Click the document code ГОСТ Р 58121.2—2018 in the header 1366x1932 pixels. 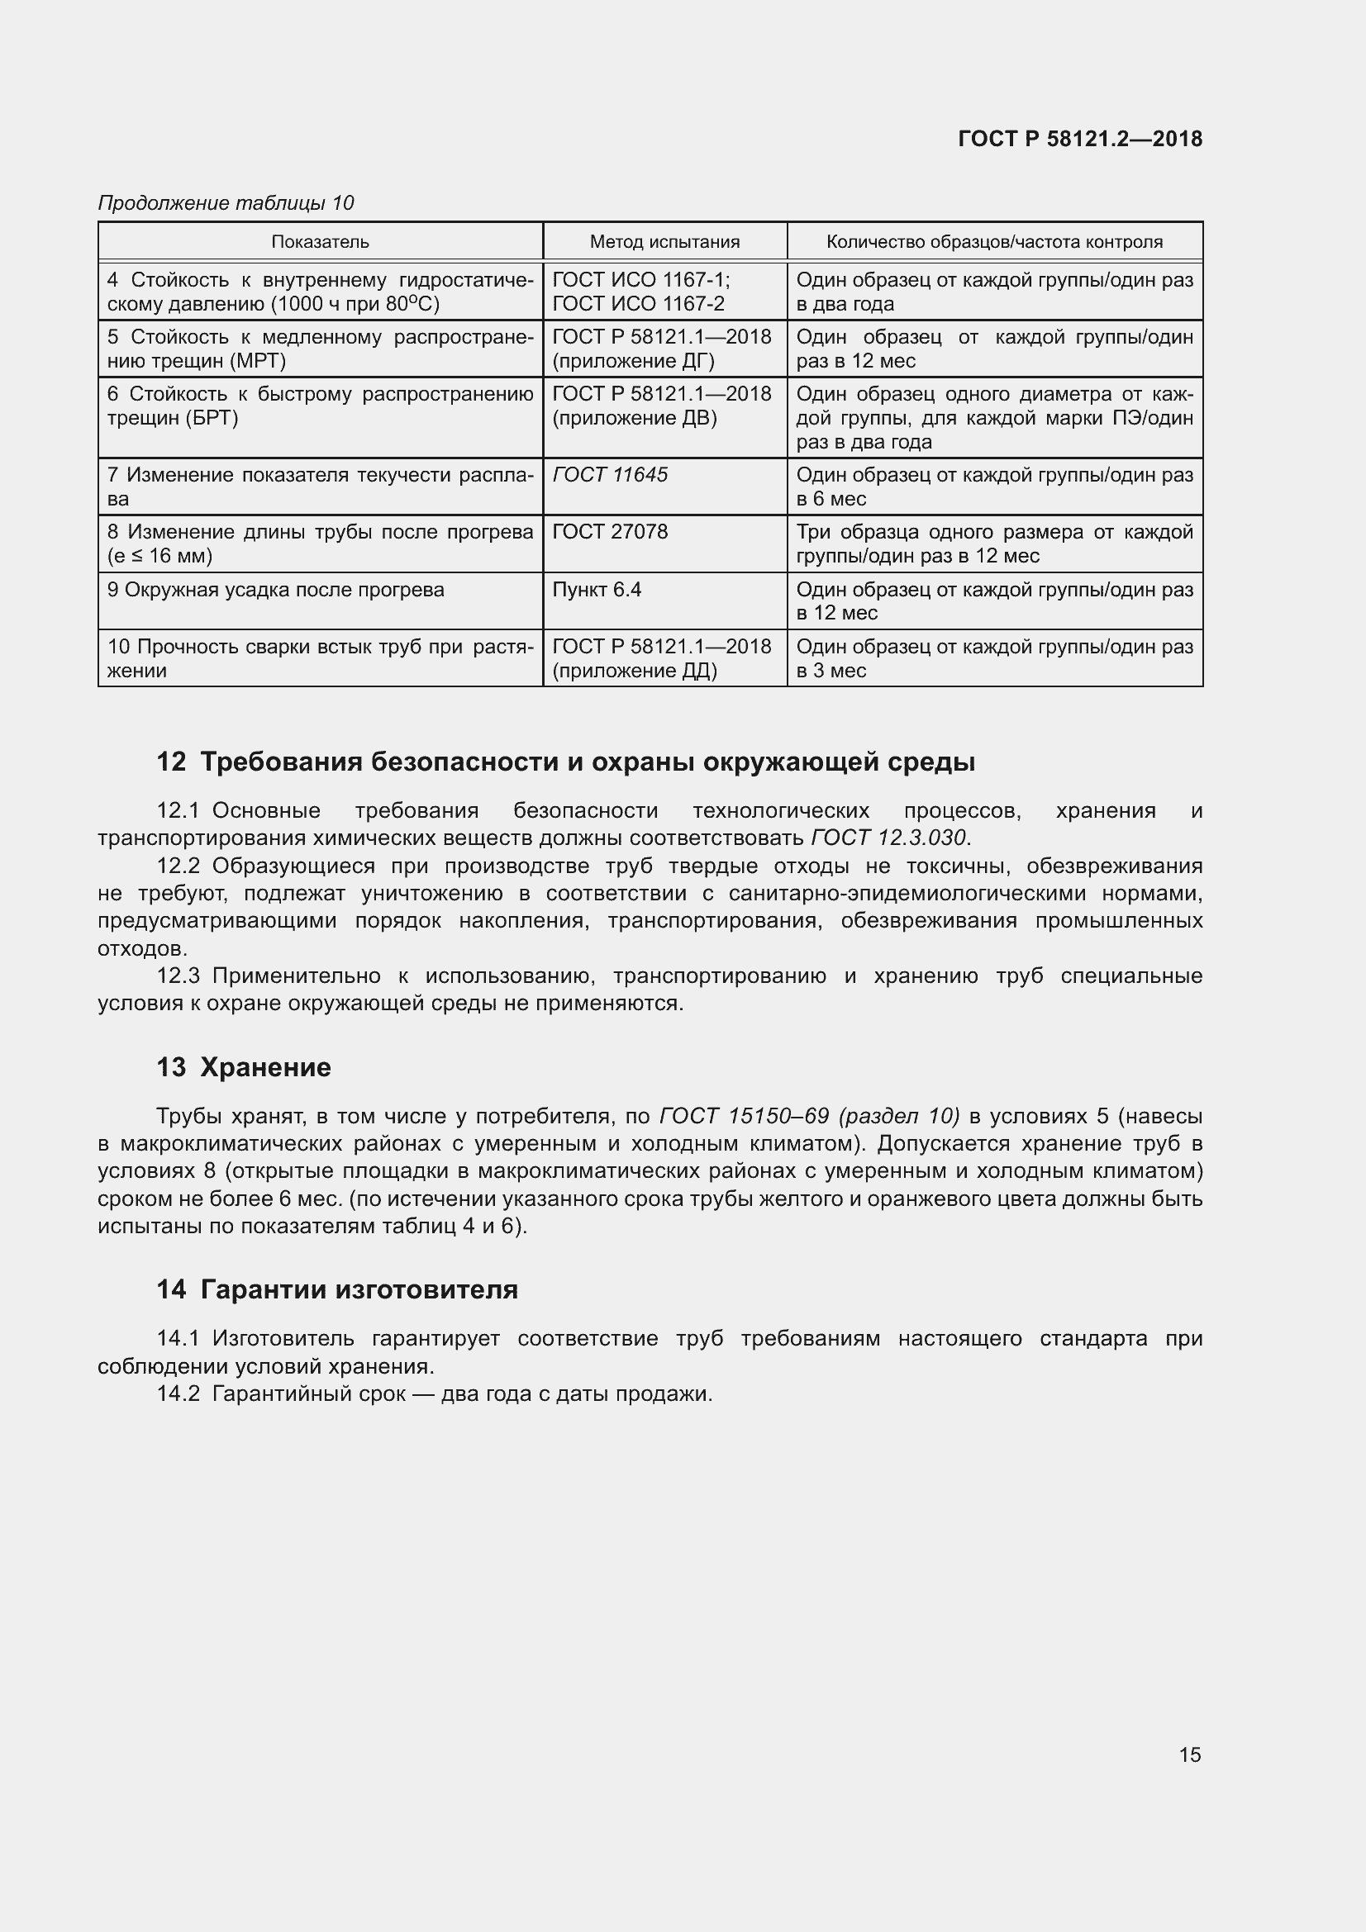click(x=1080, y=140)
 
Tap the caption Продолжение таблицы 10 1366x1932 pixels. click(x=226, y=203)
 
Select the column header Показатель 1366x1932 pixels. click(x=320, y=242)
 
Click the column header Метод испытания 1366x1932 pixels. click(x=664, y=242)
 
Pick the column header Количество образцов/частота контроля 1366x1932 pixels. click(x=994, y=242)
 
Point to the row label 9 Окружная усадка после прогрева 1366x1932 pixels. click(x=276, y=590)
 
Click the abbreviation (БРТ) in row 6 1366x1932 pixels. click(x=207, y=418)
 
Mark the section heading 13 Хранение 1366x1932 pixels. click(x=244, y=1068)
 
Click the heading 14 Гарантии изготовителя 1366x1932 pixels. click(x=337, y=1290)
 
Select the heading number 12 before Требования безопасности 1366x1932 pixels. click(x=171, y=762)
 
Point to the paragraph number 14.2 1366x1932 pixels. click(x=178, y=1394)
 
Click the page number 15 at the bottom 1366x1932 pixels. click(x=1189, y=1755)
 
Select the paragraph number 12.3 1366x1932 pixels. click(x=178, y=976)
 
